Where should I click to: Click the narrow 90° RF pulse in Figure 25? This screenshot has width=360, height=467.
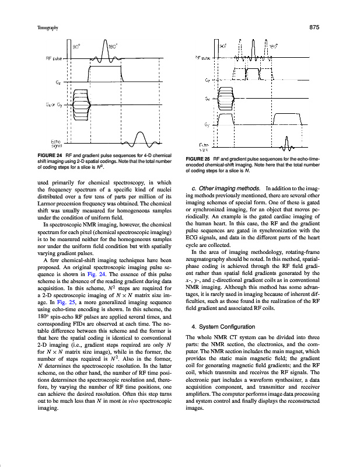(x=240, y=50)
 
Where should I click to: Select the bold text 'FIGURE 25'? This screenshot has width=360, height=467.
(x=198, y=159)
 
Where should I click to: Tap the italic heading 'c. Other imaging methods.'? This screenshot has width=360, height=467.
(x=225, y=188)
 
